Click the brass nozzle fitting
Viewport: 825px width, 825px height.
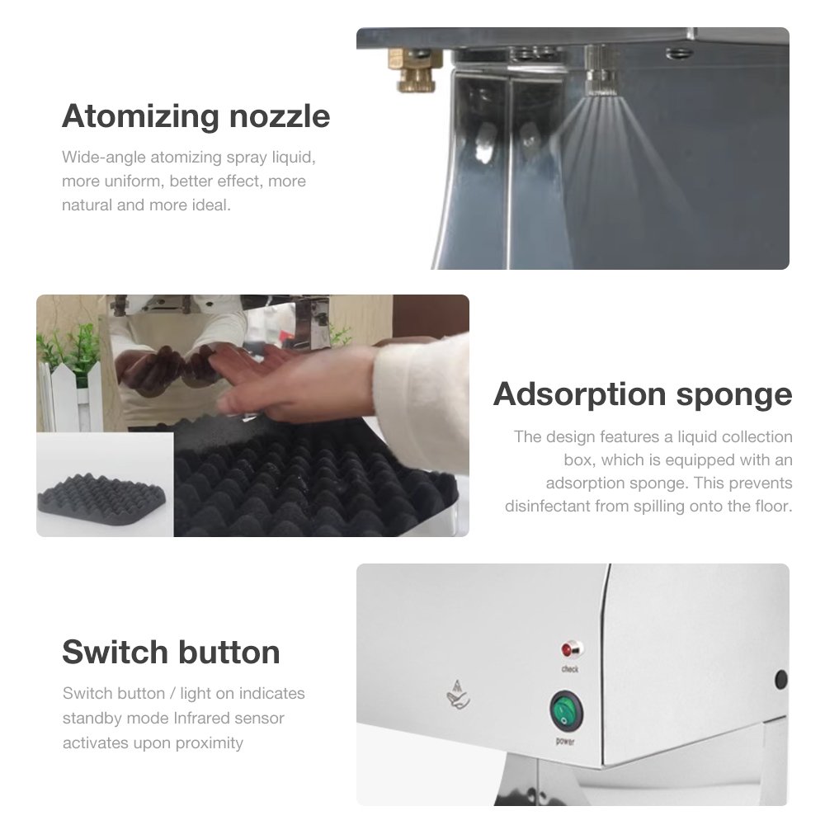411,69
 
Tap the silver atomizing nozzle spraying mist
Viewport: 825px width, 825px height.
599,72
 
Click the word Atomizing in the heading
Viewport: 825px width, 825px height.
140,117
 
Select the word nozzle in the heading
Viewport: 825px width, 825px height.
280,116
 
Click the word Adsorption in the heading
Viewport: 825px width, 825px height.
581,395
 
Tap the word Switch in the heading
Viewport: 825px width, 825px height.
115,652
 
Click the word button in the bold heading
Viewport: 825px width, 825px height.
229,652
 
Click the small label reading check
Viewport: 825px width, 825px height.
570,669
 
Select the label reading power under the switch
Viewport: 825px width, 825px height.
565,742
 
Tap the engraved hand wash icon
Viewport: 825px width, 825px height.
458,695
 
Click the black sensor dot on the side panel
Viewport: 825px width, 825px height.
781,679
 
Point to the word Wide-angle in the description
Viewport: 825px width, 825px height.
104,158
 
